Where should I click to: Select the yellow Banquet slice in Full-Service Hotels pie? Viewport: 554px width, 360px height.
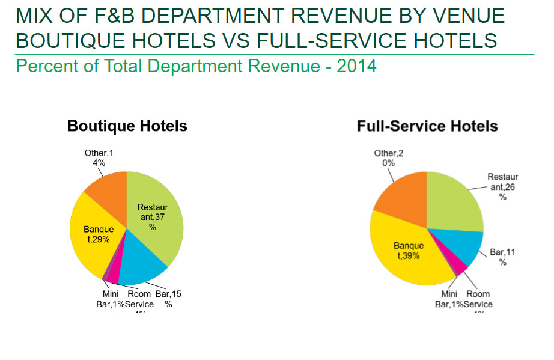(409, 252)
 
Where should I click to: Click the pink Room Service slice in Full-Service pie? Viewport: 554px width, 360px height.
(459, 265)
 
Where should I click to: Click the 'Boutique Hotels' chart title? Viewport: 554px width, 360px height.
(127, 126)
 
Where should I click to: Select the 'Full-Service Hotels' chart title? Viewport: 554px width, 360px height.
(427, 126)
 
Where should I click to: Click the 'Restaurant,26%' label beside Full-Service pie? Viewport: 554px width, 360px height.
(502, 187)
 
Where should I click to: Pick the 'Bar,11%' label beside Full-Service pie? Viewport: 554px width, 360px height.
(502, 257)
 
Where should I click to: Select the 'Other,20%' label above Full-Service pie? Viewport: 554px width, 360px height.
(388, 158)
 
